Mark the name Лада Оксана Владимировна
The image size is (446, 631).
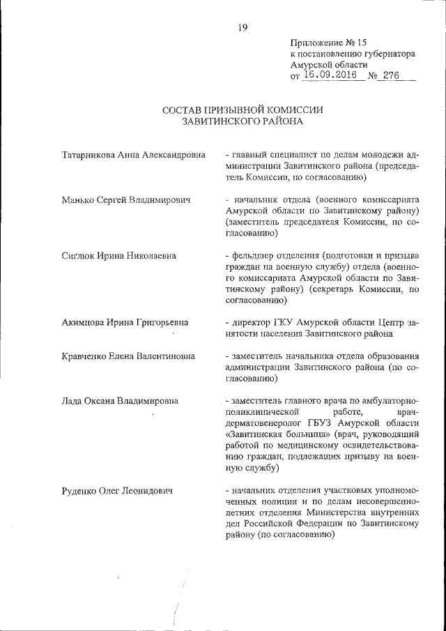[x=120, y=401]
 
